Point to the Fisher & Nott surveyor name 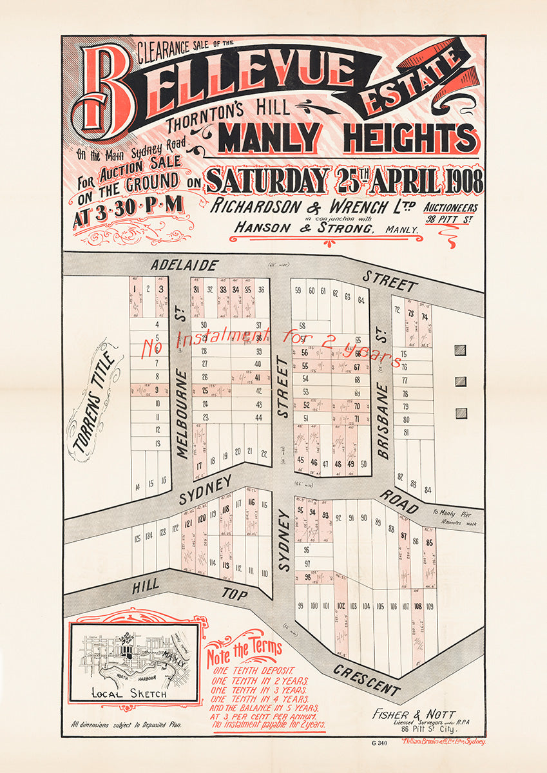pos(414,714)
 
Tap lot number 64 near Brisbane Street pos(360,300)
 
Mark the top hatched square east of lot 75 pos(459,350)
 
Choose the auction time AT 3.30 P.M pos(128,204)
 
